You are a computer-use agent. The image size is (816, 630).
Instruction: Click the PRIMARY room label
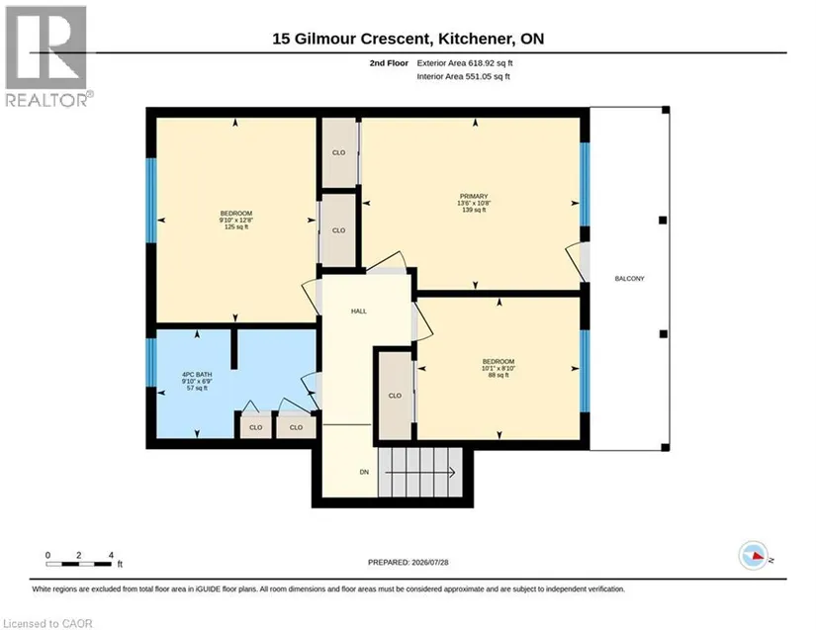[473, 196]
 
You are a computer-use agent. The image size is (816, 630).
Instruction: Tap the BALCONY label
[629, 279]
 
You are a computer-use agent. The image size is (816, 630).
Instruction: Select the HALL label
[359, 312]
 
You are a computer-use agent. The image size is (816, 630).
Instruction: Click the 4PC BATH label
[197, 375]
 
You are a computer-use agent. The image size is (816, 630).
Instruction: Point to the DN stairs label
[364, 472]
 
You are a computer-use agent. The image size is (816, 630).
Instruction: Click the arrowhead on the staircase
[452, 473]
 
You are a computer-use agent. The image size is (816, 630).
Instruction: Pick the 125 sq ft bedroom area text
[236, 226]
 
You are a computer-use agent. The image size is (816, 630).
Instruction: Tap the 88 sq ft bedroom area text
[499, 375]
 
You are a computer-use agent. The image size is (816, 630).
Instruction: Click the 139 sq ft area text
[474, 210]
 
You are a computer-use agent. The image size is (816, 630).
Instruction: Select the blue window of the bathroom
[151, 363]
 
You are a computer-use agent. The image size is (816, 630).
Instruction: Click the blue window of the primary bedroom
[585, 184]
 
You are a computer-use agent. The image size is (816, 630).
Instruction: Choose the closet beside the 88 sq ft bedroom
[395, 396]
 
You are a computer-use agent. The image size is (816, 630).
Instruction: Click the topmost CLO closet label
[339, 152]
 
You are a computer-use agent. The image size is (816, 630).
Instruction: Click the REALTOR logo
[47, 56]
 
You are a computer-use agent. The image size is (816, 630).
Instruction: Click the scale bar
[78, 564]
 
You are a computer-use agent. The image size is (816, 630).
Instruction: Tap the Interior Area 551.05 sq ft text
[463, 76]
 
